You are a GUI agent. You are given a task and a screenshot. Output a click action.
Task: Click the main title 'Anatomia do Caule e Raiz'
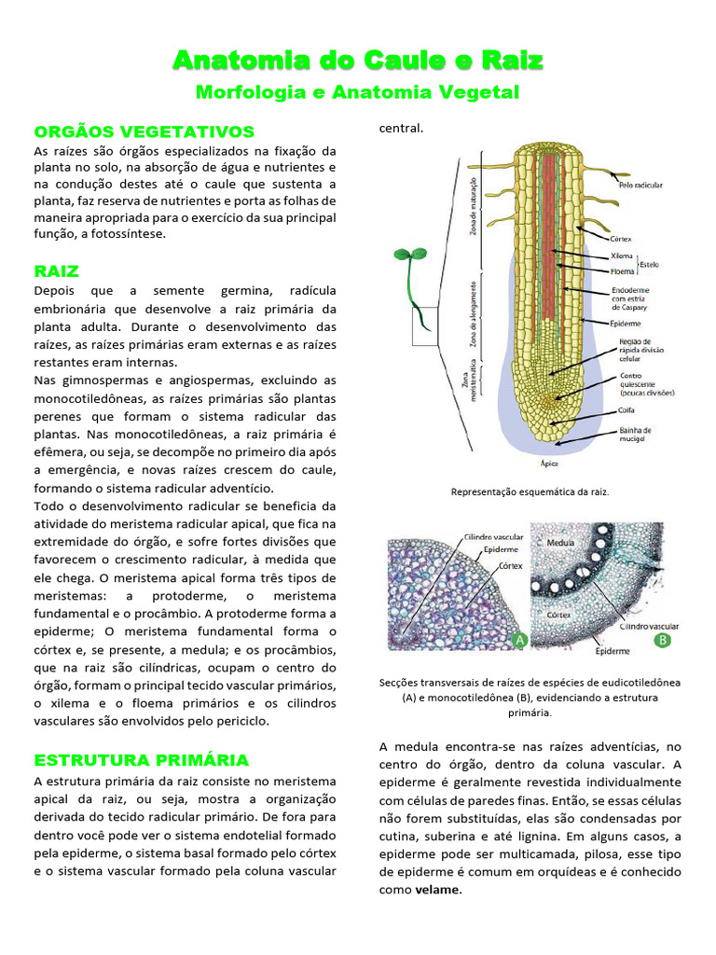[x=357, y=62]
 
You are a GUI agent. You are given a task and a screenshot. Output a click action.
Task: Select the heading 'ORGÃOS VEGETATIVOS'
[x=144, y=131]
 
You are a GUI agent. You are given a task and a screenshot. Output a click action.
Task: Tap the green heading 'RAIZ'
[x=57, y=271]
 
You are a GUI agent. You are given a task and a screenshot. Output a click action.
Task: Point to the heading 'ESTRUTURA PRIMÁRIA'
[x=142, y=759]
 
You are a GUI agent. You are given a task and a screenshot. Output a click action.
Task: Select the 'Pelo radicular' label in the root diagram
[x=640, y=186]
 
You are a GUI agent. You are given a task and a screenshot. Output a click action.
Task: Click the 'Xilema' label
[x=622, y=256]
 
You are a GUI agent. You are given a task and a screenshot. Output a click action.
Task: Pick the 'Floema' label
[x=623, y=271]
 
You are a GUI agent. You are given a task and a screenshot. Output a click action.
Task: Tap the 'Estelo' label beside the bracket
[x=650, y=264]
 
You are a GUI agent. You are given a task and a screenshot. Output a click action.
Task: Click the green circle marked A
[x=519, y=640]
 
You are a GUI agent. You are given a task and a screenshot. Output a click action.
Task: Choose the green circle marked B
[x=663, y=640]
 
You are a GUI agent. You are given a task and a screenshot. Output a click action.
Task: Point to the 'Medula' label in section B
[x=560, y=542]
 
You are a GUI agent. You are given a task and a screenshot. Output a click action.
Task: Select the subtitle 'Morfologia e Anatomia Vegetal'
[x=357, y=92]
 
